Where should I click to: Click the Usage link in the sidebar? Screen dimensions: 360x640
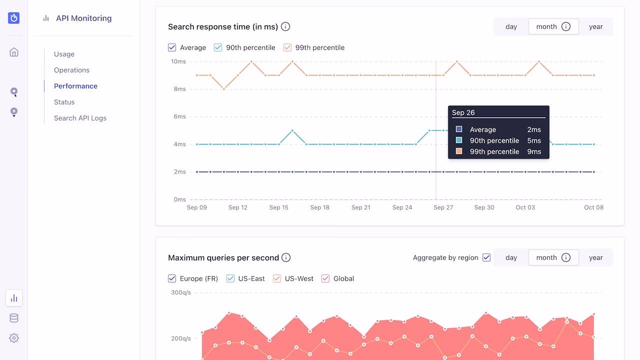[64, 54]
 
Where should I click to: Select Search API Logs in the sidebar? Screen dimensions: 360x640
[80, 118]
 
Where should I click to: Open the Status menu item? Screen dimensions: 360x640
[64, 102]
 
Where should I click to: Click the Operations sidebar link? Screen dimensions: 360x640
[71, 70]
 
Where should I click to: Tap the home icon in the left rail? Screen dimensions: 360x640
[14, 52]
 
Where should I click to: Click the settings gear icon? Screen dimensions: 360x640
[14, 338]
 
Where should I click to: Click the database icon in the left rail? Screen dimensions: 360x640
[14, 318]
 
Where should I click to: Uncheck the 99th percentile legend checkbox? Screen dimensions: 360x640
[287, 47]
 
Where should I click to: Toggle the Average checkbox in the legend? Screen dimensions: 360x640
[172, 47]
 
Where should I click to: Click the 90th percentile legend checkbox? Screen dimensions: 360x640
[218, 47]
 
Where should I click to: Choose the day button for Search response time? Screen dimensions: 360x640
[511, 26]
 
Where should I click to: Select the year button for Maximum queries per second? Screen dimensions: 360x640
[595, 257]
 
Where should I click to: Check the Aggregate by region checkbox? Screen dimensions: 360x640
[486, 257]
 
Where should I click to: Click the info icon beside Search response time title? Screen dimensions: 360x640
[285, 26]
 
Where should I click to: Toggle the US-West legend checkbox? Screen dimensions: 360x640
[277, 278]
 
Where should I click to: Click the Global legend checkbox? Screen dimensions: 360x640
[325, 278]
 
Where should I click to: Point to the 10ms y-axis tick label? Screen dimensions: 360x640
[178, 61]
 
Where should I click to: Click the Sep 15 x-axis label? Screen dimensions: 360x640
[278, 207]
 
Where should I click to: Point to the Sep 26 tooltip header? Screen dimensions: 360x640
[463, 112]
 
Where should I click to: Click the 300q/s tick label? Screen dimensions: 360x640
[180, 292]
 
